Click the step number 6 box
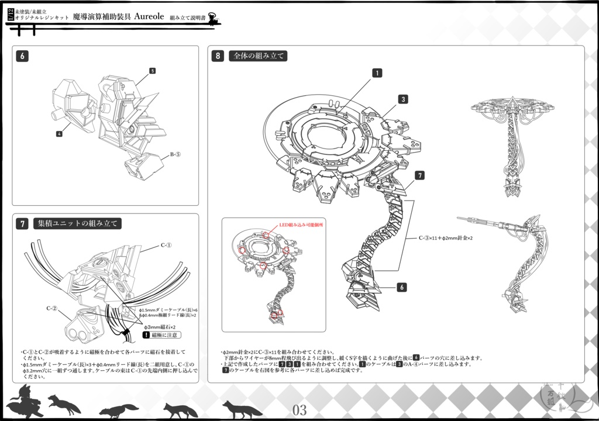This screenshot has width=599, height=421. pyautogui.click(x=22, y=56)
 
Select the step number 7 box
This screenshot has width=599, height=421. pyautogui.click(x=22, y=223)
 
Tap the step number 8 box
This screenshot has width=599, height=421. pyautogui.click(x=218, y=56)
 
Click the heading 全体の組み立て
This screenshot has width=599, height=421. pyautogui.click(x=258, y=56)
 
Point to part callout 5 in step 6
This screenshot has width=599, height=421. pyautogui.click(x=152, y=71)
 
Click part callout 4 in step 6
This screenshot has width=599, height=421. pyautogui.click(x=59, y=134)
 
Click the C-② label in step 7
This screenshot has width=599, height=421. pyautogui.click(x=52, y=308)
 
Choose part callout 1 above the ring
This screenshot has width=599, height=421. pyautogui.click(x=378, y=73)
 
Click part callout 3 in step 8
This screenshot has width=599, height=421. pyautogui.click(x=403, y=99)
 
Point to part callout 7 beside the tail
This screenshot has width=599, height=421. pyautogui.click(x=419, y=175)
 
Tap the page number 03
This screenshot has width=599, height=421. pyautogui.click(x=299, y=410)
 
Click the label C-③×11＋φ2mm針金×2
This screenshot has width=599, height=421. pyautogui.click(x=445, y=239)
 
